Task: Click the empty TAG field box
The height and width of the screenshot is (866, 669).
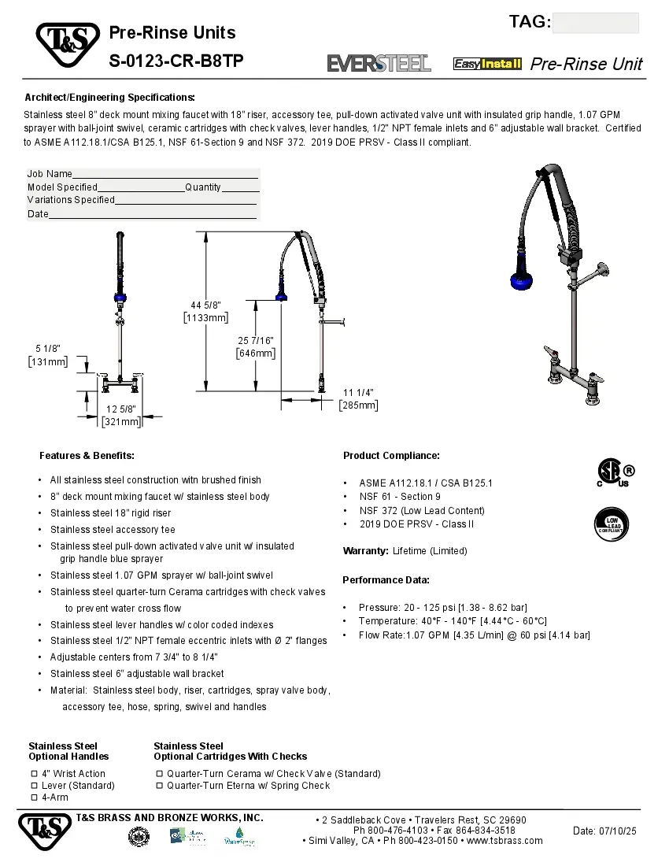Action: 595,23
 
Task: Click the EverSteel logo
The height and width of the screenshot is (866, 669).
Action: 379,64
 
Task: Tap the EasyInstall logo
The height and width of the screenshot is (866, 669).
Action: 487,64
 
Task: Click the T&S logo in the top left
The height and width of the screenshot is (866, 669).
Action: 67,46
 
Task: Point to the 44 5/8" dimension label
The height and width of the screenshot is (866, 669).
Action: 205,305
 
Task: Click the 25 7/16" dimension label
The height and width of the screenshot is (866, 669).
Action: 256,340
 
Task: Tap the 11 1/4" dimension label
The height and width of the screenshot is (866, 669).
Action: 358,392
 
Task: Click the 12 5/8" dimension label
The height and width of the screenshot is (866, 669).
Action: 121,409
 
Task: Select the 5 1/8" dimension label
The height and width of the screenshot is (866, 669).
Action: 48,348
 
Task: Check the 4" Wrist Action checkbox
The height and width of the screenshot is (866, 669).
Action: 34,774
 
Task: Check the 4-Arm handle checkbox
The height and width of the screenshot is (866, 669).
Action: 34,798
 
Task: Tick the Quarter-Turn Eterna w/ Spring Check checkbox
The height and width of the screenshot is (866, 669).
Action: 159,786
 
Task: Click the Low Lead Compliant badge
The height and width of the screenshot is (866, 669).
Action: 611,523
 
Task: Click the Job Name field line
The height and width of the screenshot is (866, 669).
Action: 165,174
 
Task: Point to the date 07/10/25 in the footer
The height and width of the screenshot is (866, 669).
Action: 604,831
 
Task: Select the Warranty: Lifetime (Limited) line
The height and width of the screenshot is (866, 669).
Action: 405,551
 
